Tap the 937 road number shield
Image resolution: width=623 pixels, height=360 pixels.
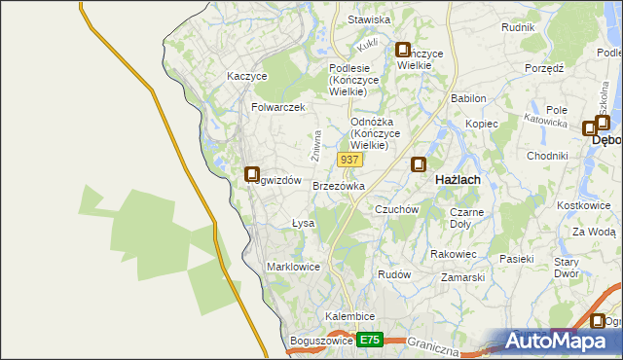(350, 159)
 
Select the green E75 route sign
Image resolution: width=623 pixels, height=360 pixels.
(369, 340)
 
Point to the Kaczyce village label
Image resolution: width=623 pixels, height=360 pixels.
(246, 76)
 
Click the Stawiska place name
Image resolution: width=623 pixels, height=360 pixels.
(369, 19)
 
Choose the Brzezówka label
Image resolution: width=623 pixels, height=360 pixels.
(339, 186)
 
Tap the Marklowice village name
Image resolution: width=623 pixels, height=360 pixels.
(293, 267)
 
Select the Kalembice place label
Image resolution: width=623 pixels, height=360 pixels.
(350, 317)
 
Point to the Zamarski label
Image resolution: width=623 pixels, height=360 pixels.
(462, 277)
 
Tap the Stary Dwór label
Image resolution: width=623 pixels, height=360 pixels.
(567, 269)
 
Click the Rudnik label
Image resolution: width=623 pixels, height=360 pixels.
(518, 27)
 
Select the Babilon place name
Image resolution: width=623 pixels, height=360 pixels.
(468, 99)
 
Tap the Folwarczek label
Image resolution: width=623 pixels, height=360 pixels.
(278, 107)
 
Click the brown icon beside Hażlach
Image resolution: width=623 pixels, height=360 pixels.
(419, 165)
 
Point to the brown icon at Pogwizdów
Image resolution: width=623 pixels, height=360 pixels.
(252, 174)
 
